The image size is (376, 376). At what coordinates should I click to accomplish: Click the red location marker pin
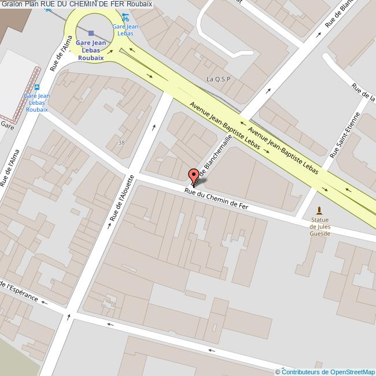pos(194,176)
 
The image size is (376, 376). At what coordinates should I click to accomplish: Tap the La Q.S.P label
pos(218,79)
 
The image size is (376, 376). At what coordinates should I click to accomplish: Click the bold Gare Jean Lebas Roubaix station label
pos(91,51)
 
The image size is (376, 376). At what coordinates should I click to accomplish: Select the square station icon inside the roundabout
pos(91,33)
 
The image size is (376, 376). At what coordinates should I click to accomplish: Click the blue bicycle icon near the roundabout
pos(125,17)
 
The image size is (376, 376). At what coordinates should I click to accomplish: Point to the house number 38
pos(120,142)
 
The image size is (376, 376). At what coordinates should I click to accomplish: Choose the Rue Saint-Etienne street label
pos(345,136)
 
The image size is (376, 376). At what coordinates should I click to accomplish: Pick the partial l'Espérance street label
pos(20,292)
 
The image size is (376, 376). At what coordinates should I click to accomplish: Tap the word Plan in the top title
pos(31,4)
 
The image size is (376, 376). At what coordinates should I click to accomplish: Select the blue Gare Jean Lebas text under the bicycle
pos(125,30)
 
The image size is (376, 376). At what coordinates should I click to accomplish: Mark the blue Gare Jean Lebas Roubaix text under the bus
pos(36,102)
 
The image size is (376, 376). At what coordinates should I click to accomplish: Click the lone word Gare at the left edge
pos(7,124)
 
